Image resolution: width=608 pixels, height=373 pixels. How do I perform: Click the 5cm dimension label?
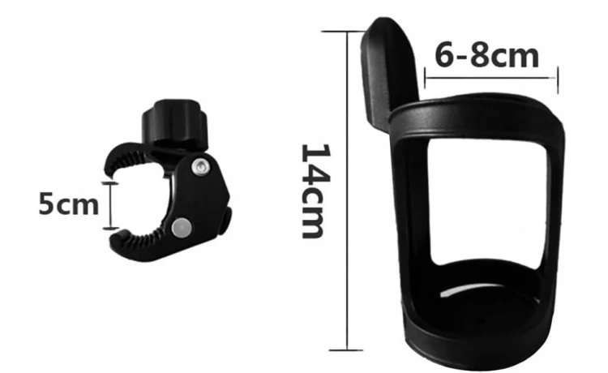(x=69, y=204)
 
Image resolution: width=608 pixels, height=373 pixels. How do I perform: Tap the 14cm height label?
(x=315, y=191)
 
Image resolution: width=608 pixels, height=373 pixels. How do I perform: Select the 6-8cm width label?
(x=486, y=56)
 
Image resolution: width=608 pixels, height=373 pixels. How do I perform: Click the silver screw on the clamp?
(x=201, y=166)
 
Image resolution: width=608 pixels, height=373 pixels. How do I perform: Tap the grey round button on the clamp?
(x=181, y=227)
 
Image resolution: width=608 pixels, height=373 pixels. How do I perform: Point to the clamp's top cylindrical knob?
(x=174, y=122)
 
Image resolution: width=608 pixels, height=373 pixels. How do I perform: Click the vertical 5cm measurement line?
(x=110, y=205)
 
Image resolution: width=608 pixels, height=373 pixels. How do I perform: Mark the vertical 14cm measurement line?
(x=347, y=191)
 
